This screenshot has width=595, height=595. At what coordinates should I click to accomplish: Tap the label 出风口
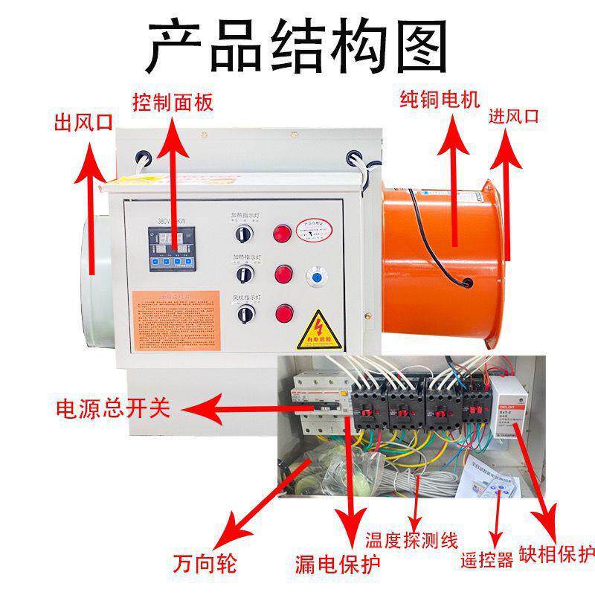(x=83, y=122)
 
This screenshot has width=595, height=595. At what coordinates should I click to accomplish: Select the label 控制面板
(x=173, y=101)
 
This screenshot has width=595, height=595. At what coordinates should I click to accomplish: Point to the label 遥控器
(x=487, y=560)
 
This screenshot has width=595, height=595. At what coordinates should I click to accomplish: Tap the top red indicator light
(x=283, y=233)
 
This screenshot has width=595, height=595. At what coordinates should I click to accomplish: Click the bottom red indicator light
(x=283, y=313)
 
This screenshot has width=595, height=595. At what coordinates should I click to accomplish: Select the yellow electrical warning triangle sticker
(x=321, y=327)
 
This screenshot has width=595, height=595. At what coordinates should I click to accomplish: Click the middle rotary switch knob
(x=242, y=275)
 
